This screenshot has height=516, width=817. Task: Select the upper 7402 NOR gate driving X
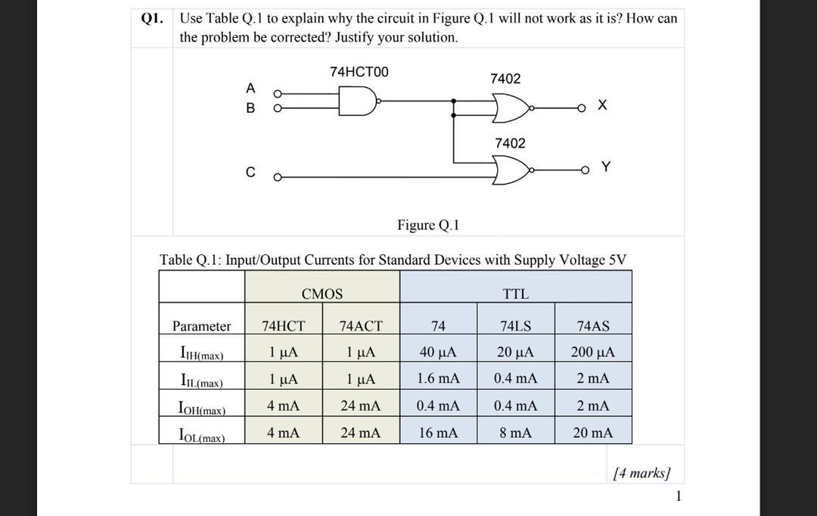pos(510,108)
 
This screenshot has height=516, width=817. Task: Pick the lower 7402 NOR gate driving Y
pos(510,171)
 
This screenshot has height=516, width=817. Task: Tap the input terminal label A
pos(250,88)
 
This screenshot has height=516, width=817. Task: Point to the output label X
pos(601,106)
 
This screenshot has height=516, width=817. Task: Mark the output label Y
pos(604,166)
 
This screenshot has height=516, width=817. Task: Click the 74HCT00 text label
pos(359,72)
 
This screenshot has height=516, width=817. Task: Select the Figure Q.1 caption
pos(428,225)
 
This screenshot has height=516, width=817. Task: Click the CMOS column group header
pos(322,294)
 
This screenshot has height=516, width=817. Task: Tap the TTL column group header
pos(516,294)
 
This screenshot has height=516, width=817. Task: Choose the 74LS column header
pos(516,326)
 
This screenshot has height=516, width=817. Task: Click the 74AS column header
pos(593,326)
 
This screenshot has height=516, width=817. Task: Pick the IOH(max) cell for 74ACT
pos(360,406)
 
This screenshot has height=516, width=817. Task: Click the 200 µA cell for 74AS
pos(593,352)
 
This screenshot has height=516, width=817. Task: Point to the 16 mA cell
pos(438,433)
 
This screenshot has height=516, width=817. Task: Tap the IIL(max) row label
pos(200,380)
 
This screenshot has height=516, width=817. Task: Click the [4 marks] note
pos(641,474)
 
